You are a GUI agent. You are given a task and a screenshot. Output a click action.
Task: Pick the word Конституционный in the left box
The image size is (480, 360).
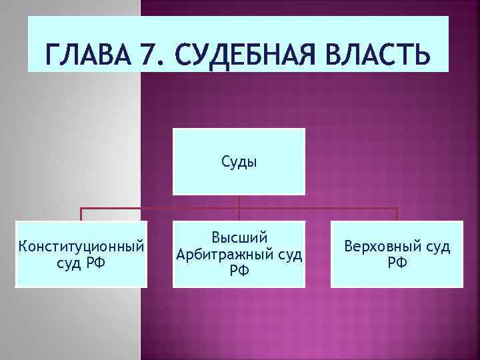point(81,247)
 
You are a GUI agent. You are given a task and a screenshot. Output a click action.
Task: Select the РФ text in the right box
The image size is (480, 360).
point(397,262)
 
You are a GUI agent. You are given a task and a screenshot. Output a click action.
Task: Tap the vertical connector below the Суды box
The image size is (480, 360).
point(239,201)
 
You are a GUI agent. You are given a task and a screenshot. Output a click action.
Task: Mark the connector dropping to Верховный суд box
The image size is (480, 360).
point(397,214)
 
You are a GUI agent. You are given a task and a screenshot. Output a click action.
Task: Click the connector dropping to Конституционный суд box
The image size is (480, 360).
point(81,214)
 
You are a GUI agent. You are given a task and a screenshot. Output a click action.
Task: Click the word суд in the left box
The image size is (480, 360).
point(69,262)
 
